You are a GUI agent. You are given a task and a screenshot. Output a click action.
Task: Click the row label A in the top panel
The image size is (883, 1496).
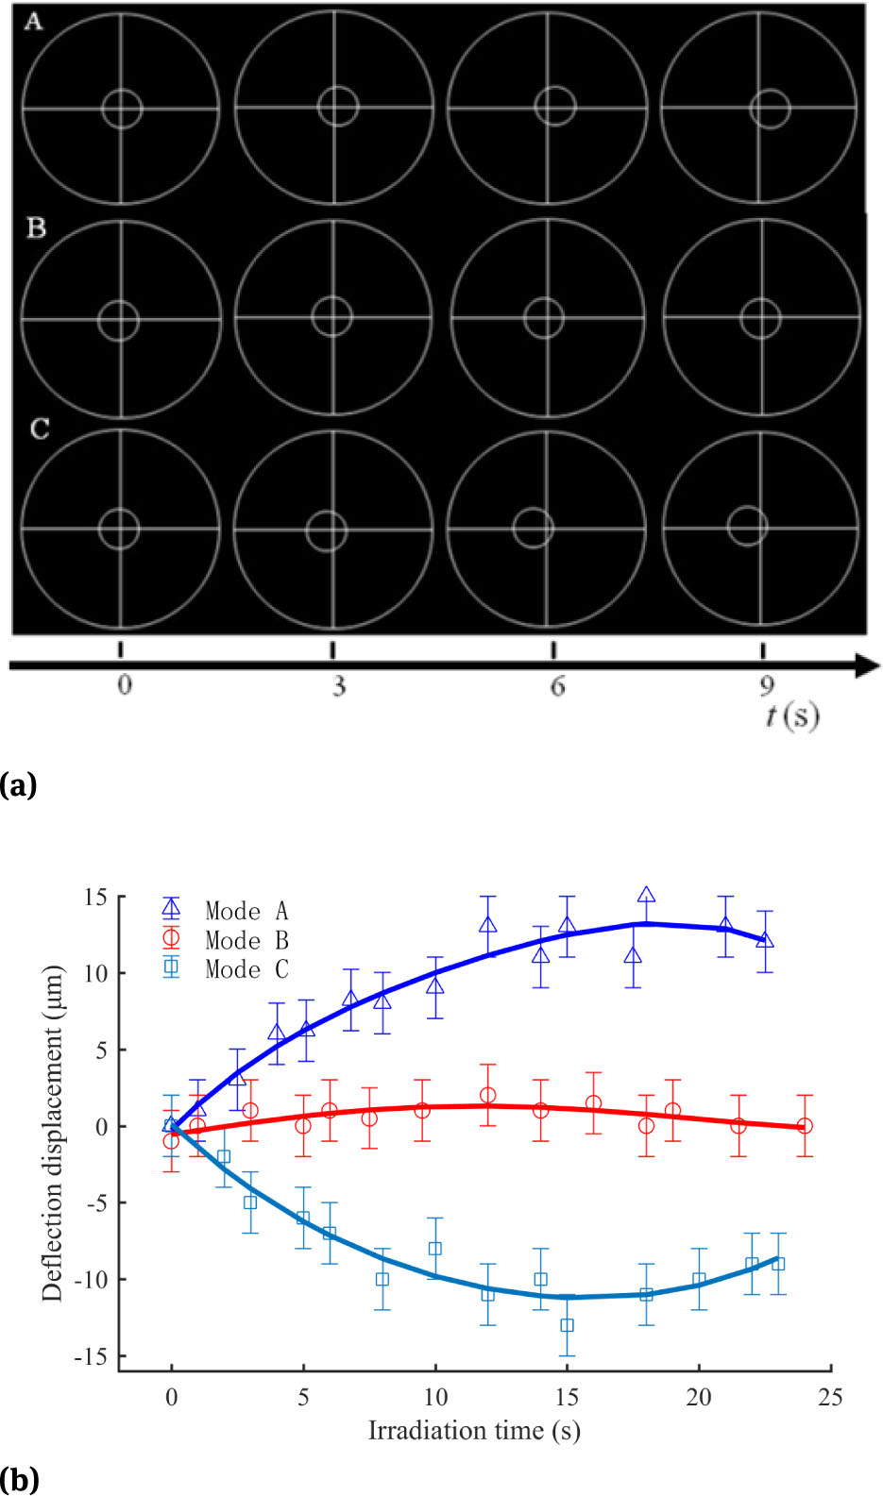[33, 22]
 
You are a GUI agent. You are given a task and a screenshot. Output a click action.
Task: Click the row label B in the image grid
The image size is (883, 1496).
[36, 228]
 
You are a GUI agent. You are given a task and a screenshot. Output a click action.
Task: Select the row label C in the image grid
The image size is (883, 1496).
[39, 429]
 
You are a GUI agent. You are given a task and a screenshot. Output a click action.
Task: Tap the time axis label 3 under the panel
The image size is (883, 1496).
[338, 686]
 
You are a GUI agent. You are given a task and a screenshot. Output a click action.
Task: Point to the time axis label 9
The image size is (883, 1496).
[767, 686]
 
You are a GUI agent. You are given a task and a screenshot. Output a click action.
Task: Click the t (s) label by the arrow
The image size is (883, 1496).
[791, 716]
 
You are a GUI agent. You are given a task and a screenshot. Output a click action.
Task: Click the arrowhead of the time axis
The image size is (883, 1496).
[868, 665]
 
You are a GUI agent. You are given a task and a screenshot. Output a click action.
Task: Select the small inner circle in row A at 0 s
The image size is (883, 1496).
[122, 109]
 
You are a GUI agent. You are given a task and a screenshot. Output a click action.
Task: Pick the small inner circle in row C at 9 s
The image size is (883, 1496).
[747, 526]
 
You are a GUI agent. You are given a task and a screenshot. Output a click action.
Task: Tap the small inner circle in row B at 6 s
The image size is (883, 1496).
[544, 318]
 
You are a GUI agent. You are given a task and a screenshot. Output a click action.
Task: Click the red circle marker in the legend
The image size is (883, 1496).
[171, 938]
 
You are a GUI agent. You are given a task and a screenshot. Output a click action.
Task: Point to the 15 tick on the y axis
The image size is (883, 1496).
[95, 897]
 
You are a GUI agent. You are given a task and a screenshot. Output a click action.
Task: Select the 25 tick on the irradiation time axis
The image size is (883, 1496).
[830, 1397]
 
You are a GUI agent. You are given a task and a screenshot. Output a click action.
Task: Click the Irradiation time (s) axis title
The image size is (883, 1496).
[474, 1431]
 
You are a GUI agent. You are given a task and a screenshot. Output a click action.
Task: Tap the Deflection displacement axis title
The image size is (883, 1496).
[52, 1133]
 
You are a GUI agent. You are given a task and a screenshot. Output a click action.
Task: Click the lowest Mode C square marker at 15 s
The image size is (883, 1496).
[567, 1325]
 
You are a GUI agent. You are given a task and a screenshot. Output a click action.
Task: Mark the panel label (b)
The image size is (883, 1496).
[19, 1479]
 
